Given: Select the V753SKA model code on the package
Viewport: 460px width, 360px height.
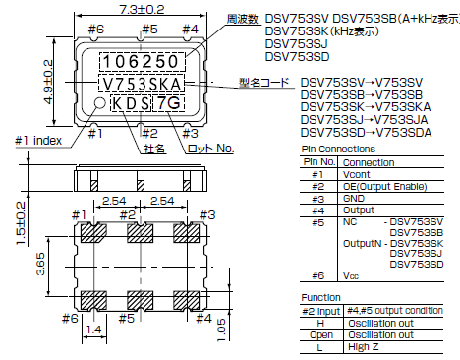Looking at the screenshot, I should click(142, 83).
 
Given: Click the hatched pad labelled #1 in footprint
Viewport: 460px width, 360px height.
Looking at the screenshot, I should click(94, 232).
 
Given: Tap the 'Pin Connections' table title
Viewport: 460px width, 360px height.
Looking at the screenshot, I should click(334, 148).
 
